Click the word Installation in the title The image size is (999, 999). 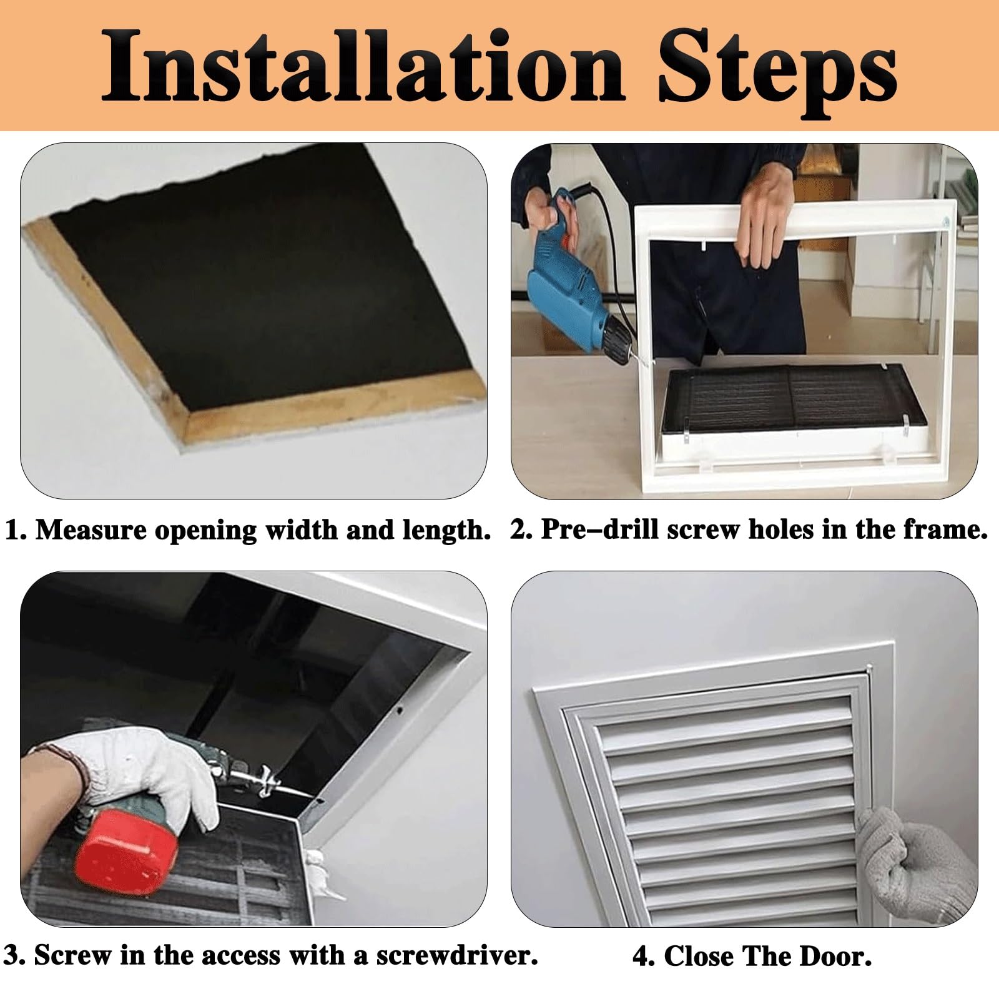[x=363, y=65]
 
